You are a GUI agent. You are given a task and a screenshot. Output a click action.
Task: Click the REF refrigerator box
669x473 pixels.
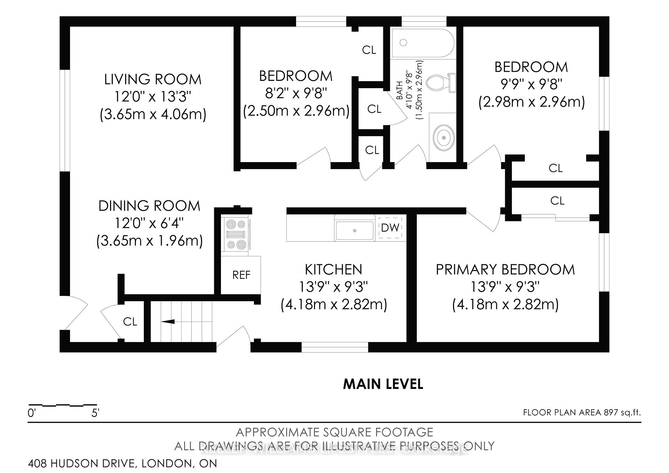(241, 275)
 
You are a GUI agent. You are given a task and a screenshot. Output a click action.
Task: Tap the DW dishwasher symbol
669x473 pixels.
(390, 228)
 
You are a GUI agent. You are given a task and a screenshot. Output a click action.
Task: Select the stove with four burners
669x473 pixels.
(236, 234)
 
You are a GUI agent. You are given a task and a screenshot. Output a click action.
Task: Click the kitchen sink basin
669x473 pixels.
(355, 230)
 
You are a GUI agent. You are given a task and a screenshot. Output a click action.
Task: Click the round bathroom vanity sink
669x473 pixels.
(444, 138)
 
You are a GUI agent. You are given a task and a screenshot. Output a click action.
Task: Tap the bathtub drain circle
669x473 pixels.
(403, 43)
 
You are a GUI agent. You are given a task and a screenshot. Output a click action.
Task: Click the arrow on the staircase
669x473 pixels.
(168, 321)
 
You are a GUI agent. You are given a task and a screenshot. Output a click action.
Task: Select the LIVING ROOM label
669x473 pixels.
(153, 79)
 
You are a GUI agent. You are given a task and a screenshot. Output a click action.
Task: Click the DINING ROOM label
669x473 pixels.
(149, 206)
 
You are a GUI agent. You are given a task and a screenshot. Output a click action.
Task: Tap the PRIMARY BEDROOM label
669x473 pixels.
(505, 270)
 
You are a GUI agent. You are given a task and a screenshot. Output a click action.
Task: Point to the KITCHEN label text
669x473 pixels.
(333, 270)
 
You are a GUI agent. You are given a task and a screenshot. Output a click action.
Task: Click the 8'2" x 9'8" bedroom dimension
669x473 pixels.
(296, 93)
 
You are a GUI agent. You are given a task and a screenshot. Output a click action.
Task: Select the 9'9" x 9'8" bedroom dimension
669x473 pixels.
(531, 84)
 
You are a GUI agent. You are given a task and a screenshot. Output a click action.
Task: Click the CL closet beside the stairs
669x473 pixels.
(130, 321)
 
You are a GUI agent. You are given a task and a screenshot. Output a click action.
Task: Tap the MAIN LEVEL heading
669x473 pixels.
(383, 384)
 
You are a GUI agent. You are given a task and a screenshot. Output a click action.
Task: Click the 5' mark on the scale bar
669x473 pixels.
(95, 413)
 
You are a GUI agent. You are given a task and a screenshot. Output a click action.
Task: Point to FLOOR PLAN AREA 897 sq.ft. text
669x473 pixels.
(582, 413)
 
